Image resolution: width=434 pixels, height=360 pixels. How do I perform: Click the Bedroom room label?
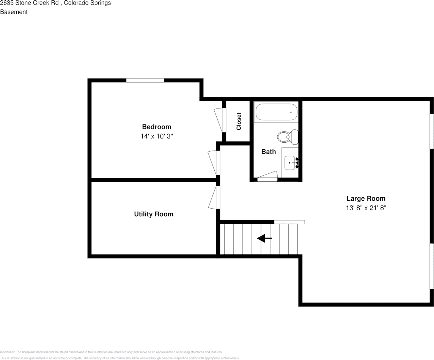156,127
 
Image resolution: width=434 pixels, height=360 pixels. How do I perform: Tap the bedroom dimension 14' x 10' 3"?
156,136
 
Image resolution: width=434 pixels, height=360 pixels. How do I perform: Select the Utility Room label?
154,214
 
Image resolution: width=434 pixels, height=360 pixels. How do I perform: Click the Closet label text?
239,121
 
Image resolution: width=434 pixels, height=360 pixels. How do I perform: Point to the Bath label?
269,151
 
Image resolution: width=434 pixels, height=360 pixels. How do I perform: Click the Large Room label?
366,198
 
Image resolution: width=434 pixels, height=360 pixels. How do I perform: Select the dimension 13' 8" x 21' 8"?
366,208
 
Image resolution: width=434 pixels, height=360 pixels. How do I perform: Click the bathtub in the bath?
276,112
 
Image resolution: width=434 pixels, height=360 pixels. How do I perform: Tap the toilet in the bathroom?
287,137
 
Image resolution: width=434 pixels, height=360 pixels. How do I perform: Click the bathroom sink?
290,163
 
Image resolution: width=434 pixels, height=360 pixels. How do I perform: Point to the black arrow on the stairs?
264,239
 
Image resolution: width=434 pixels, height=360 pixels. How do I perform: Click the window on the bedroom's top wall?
145,80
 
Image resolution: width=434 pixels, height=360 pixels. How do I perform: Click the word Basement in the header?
14,12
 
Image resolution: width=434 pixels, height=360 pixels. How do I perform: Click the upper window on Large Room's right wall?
431,131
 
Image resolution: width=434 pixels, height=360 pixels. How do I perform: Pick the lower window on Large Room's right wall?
431,266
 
